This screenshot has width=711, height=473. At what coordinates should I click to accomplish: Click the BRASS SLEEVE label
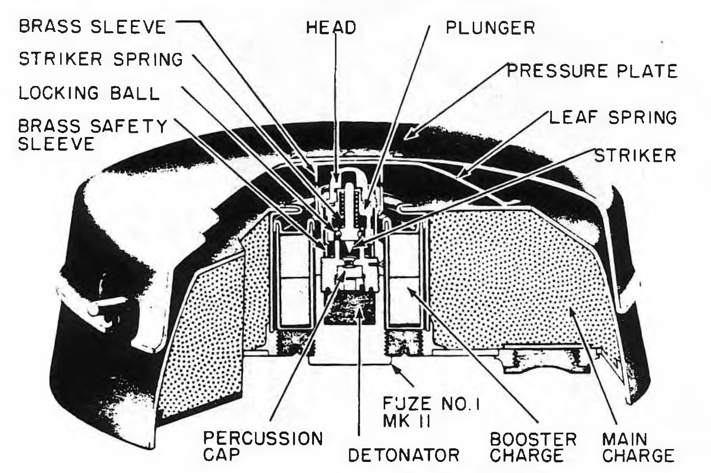pos(92,27)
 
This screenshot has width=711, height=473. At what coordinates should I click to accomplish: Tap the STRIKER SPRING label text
pos(101,59)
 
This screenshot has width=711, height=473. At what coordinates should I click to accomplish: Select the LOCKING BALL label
pos(89,93)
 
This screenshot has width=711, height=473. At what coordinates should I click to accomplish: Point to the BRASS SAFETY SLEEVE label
pos(93,135)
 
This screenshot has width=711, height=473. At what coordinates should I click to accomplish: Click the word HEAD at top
pos(331,27)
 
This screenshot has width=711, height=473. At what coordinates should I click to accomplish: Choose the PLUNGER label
pos(490,27)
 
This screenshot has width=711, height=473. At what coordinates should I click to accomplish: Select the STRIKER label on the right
pos(636,155)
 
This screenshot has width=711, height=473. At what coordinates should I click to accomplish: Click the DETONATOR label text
pos(404,455)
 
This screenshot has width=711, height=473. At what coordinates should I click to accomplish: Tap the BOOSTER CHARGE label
pos(533,448)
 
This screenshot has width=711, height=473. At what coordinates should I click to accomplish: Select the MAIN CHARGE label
pos(638,448)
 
